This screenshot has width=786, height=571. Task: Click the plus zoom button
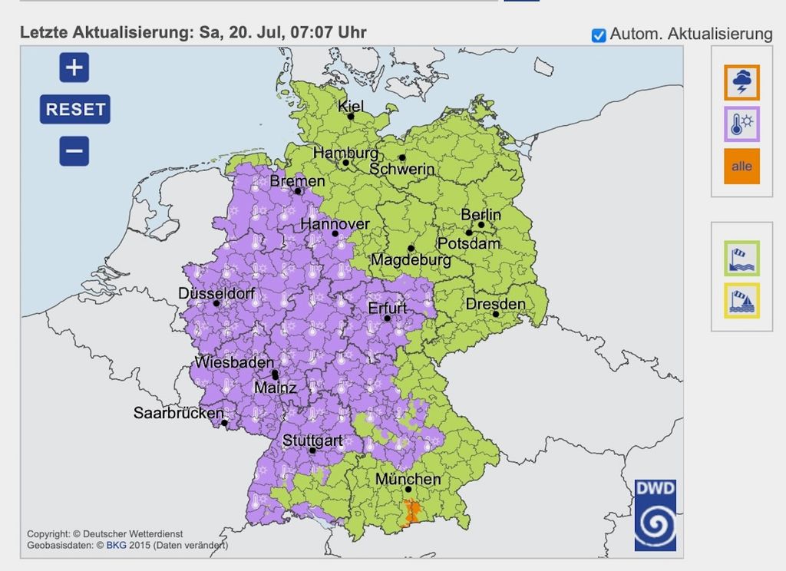(74, 68)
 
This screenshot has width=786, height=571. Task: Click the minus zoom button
(74, 150)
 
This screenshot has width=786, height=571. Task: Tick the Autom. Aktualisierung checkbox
(599, 35)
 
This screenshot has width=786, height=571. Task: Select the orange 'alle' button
(741, 167)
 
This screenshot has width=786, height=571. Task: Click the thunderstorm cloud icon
(741, 82)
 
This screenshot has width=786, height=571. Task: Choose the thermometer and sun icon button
(741, 124)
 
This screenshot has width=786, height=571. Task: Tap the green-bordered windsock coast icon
(741, 259)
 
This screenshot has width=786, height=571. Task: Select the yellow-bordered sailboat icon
(741, 301)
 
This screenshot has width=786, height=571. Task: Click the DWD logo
(655, 515)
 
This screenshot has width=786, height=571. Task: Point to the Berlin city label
(481, 214)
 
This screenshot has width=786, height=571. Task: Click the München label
(408, 480)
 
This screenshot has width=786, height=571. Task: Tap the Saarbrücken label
(179, 413)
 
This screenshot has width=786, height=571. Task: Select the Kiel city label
(351, 107)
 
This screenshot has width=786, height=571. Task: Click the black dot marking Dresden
(496, 314)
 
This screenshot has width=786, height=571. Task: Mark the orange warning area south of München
(413, 513)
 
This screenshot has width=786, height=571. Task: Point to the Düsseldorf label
(215, 293)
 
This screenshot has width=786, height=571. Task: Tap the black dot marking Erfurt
(388, 319)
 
